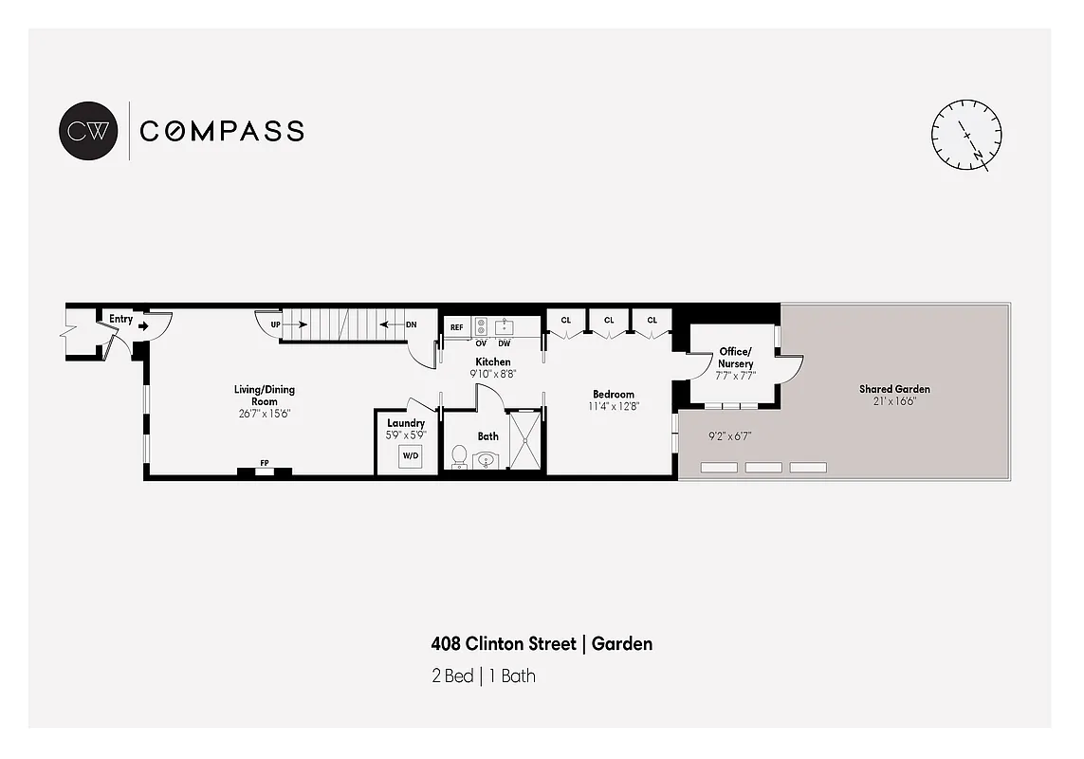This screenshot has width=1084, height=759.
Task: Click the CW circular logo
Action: pos(89,130)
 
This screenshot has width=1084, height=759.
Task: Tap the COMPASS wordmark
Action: pos(222,131)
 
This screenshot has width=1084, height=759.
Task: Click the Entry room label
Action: pos(120,320)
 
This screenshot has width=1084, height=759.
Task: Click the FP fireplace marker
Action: pos(265,463)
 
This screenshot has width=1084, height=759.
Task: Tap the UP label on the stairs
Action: pos(276,324)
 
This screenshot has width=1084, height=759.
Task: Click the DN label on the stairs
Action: pos(411,324)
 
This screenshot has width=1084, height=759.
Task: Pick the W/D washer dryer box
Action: pos(412,456)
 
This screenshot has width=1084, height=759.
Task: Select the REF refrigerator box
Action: pos(456,327)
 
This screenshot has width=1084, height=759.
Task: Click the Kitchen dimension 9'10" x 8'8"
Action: pos(493,375)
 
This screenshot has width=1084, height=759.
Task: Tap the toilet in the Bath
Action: pos(460,456)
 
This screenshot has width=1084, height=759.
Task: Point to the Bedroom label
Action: pos(614,395)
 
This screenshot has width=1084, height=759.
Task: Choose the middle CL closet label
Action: pos(609,321)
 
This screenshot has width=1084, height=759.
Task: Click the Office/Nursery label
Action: pos(736,358)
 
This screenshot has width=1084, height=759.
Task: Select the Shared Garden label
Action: pos(894,389)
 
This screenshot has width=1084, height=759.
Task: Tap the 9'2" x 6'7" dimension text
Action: pos(729,437)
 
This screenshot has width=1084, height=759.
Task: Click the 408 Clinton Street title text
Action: pos(504,644)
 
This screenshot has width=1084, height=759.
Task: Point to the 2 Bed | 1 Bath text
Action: pos(483,676)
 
